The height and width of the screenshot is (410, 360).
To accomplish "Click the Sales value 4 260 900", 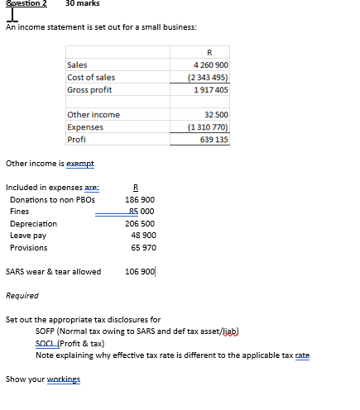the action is (x=210, y=65).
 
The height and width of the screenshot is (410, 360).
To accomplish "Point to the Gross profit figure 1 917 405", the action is (x=210, y=90).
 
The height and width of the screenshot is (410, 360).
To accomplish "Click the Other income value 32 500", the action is (x=215, y=115).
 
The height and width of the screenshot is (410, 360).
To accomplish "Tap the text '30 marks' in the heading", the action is (x=83, y=4).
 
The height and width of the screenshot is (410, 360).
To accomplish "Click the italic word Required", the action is (x=22, y=295).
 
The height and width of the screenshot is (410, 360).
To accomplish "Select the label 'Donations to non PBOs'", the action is (x=52, y=200).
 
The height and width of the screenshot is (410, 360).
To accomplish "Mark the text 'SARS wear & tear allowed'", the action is (x=53, y=271).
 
